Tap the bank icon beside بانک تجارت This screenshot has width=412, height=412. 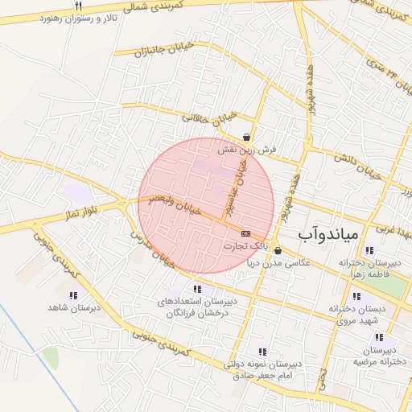[x=245, y=233]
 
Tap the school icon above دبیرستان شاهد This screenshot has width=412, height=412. [x=64, y=294]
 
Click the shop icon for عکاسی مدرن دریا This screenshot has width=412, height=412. [x=278, y=250]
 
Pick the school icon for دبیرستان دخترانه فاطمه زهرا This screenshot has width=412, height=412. [x=369, y=250]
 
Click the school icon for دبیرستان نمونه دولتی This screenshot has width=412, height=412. [x=262, y=351]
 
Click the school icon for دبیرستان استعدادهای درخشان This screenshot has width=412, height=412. [x=197, y=289]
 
